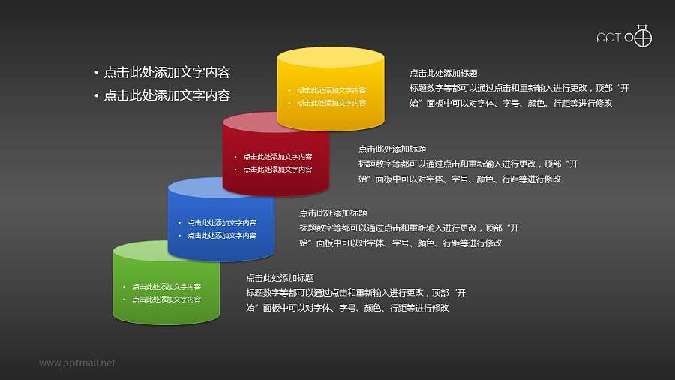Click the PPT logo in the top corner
point(624,37)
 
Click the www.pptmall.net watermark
point(77,363)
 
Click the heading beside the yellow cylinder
point(443,74)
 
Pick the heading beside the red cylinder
point(392,149)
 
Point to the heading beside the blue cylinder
point(333,213)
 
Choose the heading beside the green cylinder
point(280,278)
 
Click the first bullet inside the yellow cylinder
point(331,90)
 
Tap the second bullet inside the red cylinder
point(277,170)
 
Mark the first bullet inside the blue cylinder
point(222,223)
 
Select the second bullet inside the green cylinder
point(166,299)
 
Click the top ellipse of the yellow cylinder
point(331,59)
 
